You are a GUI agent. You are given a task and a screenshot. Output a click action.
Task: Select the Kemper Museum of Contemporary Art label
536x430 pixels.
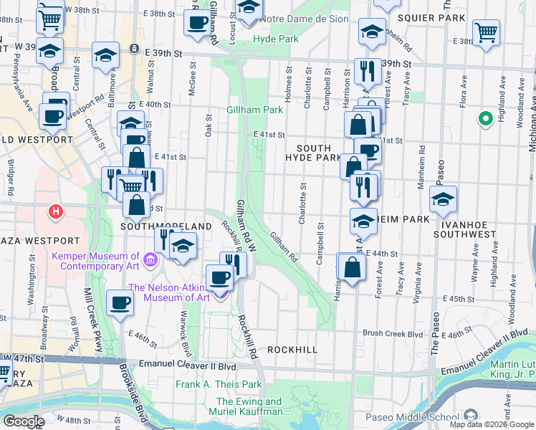coord(95,261)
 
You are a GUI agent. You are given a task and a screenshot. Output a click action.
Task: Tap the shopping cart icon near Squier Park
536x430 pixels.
coord(486,33)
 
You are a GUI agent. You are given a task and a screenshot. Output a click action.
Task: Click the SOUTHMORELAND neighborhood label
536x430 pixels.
coord(167,226)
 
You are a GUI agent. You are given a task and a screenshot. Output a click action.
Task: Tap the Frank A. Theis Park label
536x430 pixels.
coord(219,384)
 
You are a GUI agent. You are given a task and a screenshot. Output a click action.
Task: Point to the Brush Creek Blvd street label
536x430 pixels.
coord(393,333)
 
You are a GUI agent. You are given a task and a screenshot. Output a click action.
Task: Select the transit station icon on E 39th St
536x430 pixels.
coord(134,49)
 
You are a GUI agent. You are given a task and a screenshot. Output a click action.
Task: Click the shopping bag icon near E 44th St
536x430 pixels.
coord(352,267)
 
